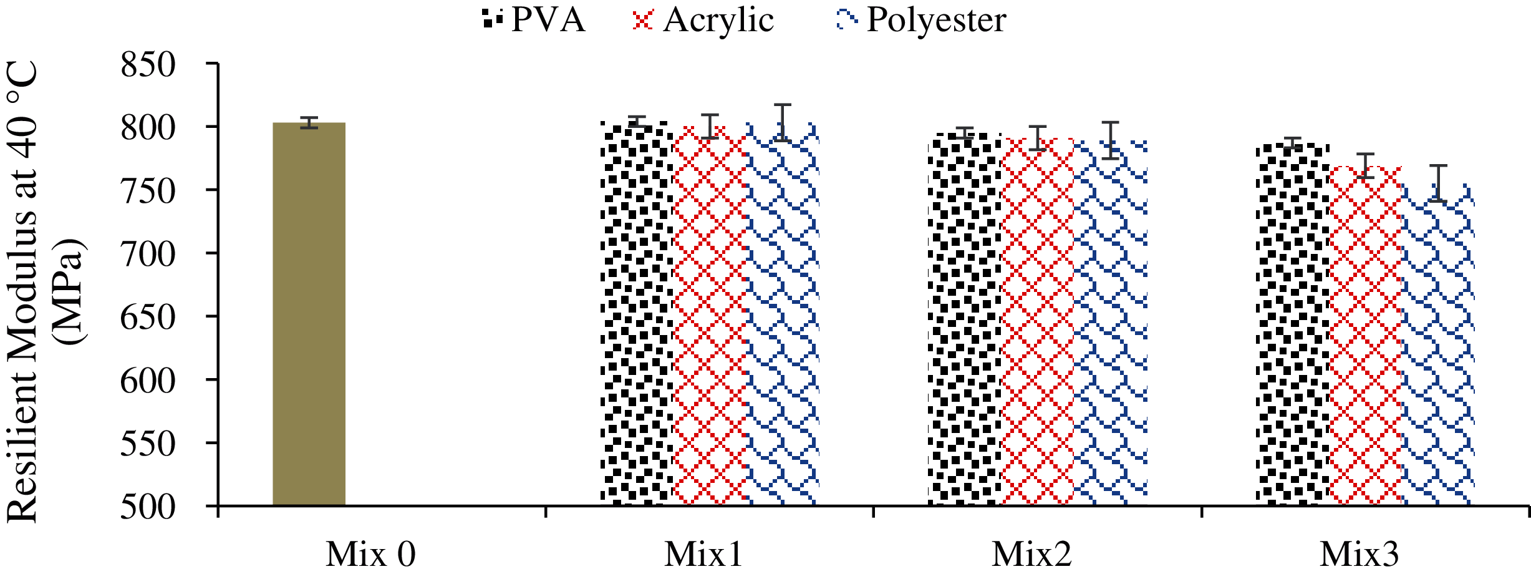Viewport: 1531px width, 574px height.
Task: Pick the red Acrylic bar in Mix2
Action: pos(1037,321)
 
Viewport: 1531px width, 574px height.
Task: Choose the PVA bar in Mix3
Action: pos(1292,324)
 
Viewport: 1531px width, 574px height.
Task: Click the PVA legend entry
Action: pos(534,20)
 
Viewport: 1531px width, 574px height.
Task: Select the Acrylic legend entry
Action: pos(703,20)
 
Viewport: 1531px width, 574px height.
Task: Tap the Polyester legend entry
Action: pos(921,20)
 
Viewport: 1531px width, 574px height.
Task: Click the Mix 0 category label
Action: pos(370,553)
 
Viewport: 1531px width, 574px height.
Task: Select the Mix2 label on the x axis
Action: pos(1031,553)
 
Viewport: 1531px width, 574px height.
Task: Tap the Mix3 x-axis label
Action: pos(1359,553)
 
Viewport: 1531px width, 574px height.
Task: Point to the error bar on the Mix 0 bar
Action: pos(309,122)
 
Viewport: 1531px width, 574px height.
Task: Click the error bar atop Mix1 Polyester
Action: pos(783,122)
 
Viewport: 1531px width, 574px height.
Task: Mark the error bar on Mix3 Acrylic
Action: pos(1365,165)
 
